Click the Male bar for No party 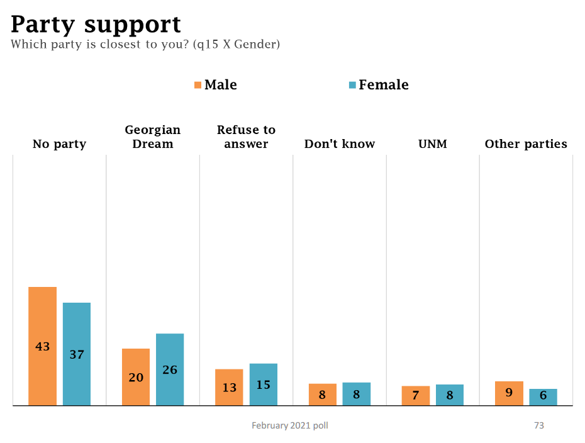pyautogui.click(x=42, y=346)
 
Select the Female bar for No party pyautogui.click(x=77, y=354)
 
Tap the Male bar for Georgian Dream pyautogui.click(x=136, y=377)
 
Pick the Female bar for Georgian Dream pyautogui.click(x=170, y=369)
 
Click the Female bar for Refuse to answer pyautogui.click(x=264, y=384)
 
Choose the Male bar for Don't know pyautogui.click(x=323, y=395)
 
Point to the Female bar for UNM pyautogui.click(x=450, y=395)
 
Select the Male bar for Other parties pyautogui.click(x=509, y=393)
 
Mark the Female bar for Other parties pyautogui.click(x=543, y=397)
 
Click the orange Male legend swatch pyautogui.click(x=198, y=85)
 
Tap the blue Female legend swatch pyautogui.click(x=352, y=85)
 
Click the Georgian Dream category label pyautogui.click(x=153, y=137)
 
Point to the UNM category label pyautogui.click(x=433, y=144)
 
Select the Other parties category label pyautogui.click(x=526, y=144)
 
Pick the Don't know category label pyautogui.click(x=340, y=144)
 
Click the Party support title pyautogui.click(x=96, y=25)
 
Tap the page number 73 pyautogui.click(x=539, y=425)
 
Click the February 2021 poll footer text pyautogui.click(x=290, y=425)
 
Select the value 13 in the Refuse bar pyautogui.click(x=229, y=388)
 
